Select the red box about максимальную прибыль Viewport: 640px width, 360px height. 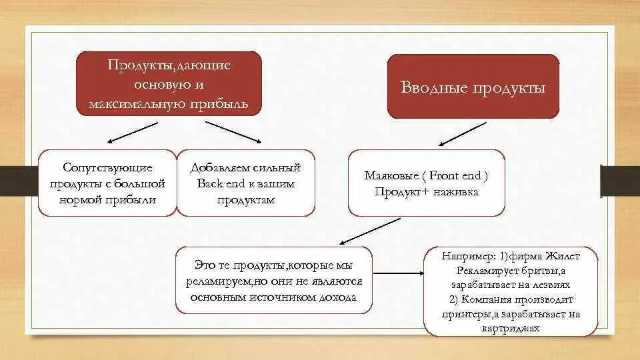point(169,85)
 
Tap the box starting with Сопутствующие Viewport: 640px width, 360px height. point(107,183)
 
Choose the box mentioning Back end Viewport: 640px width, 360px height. point(246,183)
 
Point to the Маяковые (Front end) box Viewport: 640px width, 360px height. point(427,183)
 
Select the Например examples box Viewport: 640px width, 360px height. point(511,292)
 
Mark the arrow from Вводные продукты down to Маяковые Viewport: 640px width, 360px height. point(463,134)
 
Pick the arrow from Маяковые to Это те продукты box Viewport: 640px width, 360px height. point(369,231)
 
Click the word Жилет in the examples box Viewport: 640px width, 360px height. point(564,257)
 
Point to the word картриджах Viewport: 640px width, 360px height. point(511,328)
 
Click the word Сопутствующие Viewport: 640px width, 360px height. point(107,167)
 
